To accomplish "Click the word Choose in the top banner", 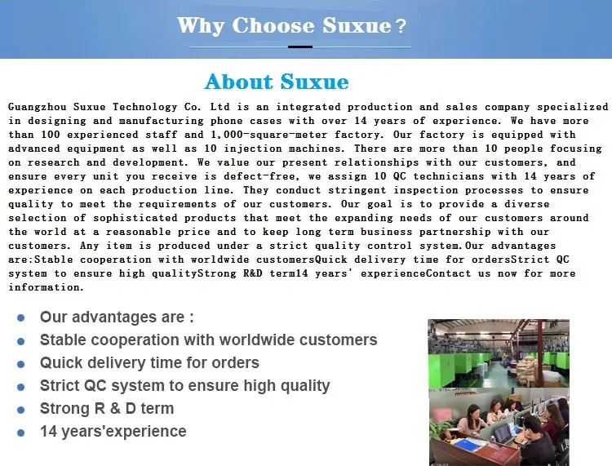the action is pyautogui.click(x=273, y=26).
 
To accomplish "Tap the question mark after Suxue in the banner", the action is pyautogui.click(x=401, y=27).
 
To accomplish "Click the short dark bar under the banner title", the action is pyautogui.click(x=300, y=47).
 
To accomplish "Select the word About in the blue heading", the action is pyautogui.click(x=239, y=82).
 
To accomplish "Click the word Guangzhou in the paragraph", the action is pyautogui.click(x=38, y=107).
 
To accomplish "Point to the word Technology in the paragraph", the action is pyautogui.click(x=144, y=107).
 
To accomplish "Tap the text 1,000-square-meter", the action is pyautogui.click(x=269, y=135).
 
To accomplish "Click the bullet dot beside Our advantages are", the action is pyautogui.click(x=21, y=318).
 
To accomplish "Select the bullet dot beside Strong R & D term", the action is pyautogui.click(x=21, y=410).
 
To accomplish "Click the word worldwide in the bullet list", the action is pyautogui.click(x=239, y=340).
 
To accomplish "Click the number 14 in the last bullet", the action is pyautogui.click(x=48, y=431).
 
